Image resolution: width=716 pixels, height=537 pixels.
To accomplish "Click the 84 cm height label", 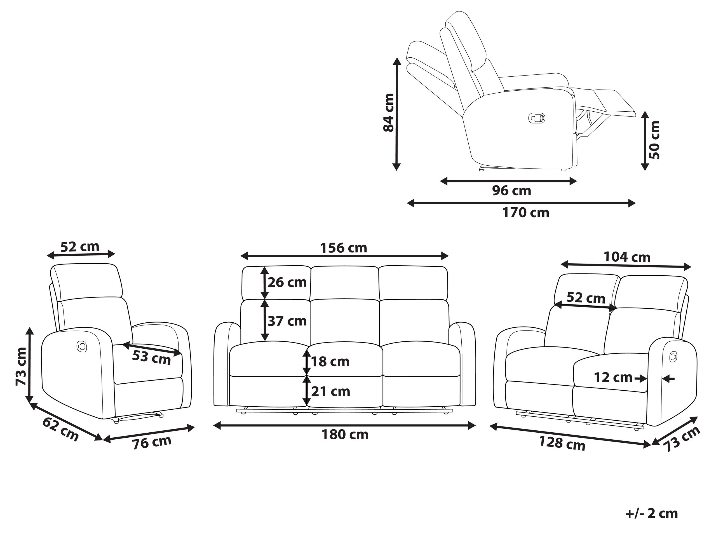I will point(389,113).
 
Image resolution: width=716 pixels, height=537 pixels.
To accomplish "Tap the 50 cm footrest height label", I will point(654,140).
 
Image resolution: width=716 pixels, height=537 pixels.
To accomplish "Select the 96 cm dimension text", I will point(511,191).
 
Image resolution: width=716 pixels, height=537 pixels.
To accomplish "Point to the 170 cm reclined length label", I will point(526,213).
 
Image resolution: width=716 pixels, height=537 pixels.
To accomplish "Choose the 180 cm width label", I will point(345,435).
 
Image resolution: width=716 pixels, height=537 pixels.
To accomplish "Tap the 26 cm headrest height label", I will point(287,283).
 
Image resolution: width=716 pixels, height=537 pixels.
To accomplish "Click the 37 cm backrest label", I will point(287,321).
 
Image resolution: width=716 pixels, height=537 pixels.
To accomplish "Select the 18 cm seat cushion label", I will point(330,362).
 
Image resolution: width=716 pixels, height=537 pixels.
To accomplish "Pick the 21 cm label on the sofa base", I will point(330,392).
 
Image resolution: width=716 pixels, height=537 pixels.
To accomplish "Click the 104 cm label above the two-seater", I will point(627,257).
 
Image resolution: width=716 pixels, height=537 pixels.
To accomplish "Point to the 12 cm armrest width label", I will point(613,377).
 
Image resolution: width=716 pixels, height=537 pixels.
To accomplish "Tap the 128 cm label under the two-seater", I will point(562,444).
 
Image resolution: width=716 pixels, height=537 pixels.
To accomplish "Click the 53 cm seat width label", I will point(151,358).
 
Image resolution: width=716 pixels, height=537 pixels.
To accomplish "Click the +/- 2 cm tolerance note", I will point(652,514).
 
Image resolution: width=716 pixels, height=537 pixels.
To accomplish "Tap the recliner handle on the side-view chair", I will point(537,118).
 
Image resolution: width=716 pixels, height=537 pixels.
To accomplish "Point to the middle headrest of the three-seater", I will point(345,282).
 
